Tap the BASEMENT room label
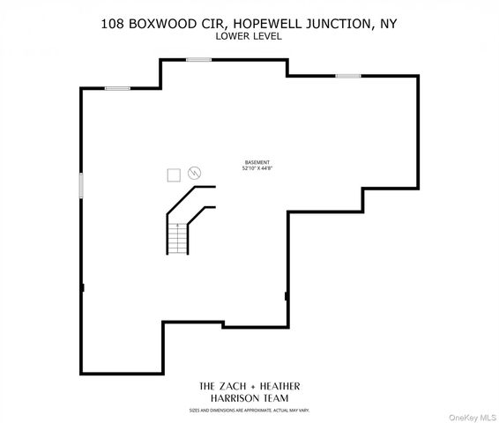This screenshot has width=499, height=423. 257,163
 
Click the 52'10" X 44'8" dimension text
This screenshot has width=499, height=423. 257,169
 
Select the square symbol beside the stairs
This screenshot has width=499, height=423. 173,174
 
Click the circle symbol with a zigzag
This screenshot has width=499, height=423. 194,174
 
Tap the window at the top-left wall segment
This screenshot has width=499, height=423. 118,88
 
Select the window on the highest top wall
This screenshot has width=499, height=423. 198,60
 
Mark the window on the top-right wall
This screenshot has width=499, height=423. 347,76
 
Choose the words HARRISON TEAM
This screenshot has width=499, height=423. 249,399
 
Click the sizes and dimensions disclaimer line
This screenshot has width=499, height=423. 249,411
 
